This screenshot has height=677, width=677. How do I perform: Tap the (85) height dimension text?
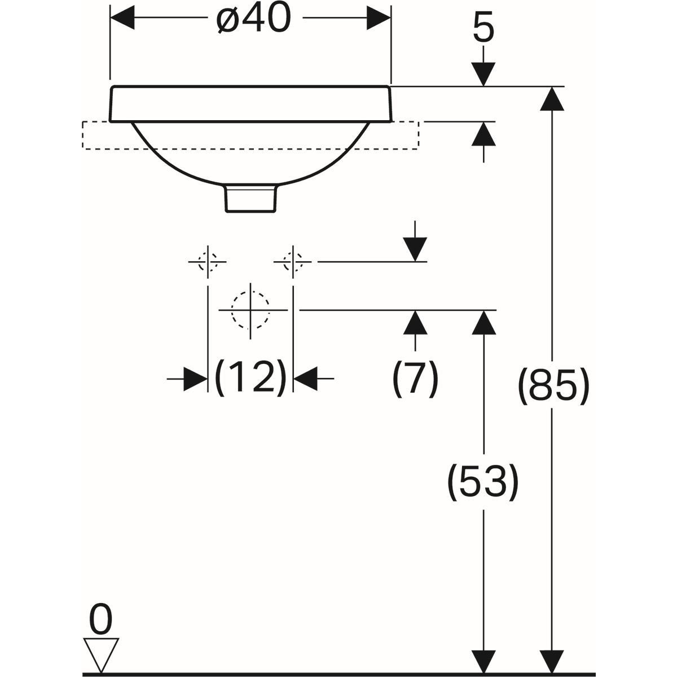click(553, 387)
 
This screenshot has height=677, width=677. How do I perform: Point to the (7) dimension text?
click(415, 377)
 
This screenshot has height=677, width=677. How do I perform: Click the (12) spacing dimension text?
click(251, 377)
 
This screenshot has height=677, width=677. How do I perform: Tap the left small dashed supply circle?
click(208, 262)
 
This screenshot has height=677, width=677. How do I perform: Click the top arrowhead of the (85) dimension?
click(551, 99)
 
